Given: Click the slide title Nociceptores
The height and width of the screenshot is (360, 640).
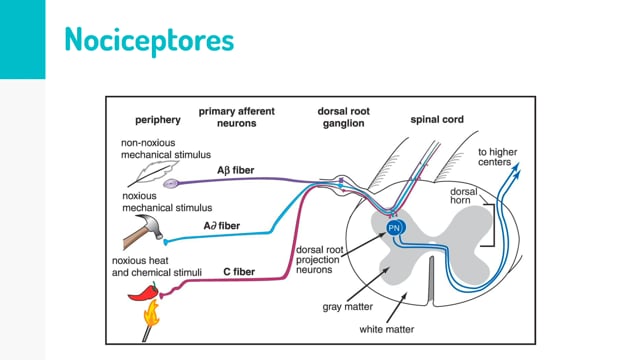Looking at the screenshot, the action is click(149, 40).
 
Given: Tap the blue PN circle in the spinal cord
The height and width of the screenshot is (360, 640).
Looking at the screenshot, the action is click(394, 228).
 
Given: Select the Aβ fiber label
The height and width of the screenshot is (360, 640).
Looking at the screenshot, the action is click(236, 170).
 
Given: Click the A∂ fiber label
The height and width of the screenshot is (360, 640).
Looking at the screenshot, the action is click(222, 226).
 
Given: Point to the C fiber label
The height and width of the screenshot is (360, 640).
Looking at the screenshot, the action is click(239, 272).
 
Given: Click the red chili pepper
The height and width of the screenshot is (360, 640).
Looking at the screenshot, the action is click(143, 292).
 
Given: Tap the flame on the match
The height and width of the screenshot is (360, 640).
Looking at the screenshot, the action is click(151, 313).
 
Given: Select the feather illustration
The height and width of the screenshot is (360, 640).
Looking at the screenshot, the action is click(153, 173).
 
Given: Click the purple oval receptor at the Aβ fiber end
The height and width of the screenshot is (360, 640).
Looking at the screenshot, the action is click(171, 184).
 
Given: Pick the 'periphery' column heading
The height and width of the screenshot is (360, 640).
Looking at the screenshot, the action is click(158, 120).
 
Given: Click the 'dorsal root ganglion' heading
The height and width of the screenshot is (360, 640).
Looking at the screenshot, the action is click(344, 117).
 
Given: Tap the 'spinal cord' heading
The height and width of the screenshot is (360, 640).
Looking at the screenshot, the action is click(437, 120).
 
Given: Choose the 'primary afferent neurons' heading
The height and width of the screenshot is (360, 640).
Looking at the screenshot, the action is click(237, 117).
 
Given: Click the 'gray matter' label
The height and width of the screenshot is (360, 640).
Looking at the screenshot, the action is click(348, 307).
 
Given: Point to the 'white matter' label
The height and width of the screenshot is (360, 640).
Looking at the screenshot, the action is click(387, 329).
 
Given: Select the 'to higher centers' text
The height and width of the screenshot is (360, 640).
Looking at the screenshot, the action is click(498, 157).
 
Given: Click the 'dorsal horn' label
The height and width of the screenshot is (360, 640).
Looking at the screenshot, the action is click(464, 196).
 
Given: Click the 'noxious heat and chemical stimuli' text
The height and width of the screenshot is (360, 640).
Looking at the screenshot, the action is click(157, 267).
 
